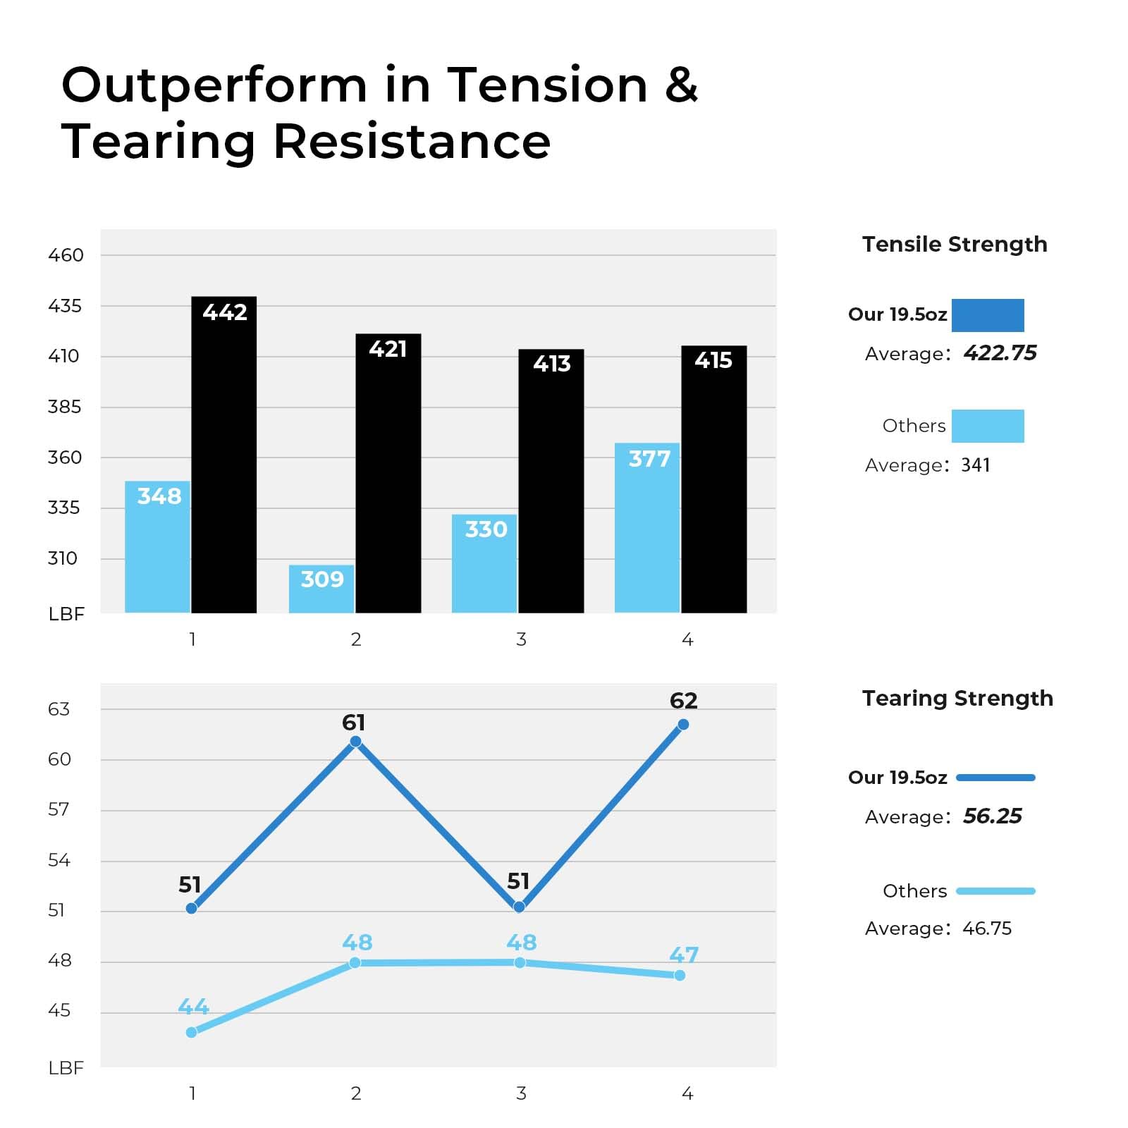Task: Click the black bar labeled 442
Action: [x=224, y=455]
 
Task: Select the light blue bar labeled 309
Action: [x=321, y=589]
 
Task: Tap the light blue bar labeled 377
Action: [x=647, y=528]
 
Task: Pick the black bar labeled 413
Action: [x=551, y=481]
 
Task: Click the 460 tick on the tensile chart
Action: [x=66, y=255]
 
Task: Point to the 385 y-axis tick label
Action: [x=64, y=407]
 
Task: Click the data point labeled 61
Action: [x=356, y=741]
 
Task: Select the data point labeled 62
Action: [x=683, y=725]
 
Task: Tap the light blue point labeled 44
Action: [x=192, y=1032]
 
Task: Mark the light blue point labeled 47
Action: [x=680, y=975]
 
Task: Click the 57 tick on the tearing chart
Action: [x=59, y=809]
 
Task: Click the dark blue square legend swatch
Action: [x=988, y=315]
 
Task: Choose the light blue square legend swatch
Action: [x=988, y=426]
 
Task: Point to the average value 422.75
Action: [x=1000, y=352]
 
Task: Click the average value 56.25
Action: [x=993, y=816]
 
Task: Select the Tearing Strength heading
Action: [x=957, y=698]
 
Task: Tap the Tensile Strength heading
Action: [x=955, y=244]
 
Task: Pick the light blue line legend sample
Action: [x=995, y=891]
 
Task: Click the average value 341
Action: [x=976, y=465]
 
